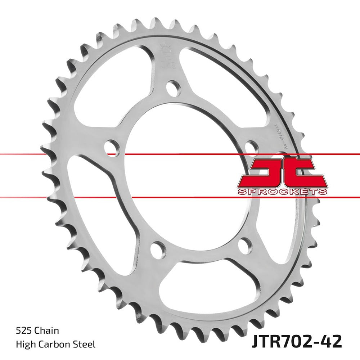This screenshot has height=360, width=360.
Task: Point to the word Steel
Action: (85, 345)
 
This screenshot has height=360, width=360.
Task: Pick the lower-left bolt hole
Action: (157, 248)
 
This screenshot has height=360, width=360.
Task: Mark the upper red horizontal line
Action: (54, 154)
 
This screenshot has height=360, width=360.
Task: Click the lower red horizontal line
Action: (54, 197)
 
